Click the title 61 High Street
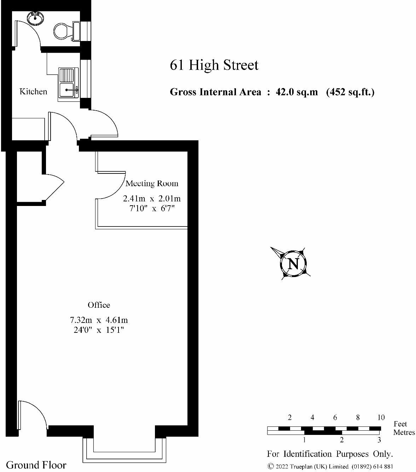(x=214, y=65)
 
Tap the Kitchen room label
(x=33, y=92)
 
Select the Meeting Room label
(x=152, y=183)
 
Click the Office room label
(x=99, y=305)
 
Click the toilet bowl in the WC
(x=63, y=31)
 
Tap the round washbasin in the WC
(x=35, y=17)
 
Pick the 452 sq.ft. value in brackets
(x=350, y=92)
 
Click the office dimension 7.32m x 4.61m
(x=99, y=320)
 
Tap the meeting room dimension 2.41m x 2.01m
(x=152, y=199)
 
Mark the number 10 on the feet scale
(x=381, y=418)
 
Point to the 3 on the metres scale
(x=379, y=440)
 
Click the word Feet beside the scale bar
(x=400, y=424)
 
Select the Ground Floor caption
(x=36, y=465)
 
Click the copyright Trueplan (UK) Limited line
(x=330, y=466)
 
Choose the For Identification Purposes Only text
(x=330, y=454)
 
